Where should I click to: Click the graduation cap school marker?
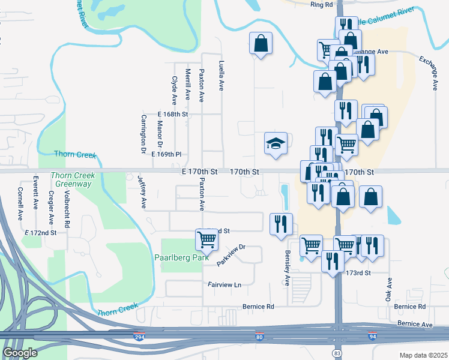[276, 144]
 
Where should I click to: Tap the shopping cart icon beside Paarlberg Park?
[206, 239]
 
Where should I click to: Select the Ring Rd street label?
[322, 5]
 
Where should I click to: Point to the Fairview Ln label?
[224, 285]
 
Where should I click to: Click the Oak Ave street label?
[390, 289]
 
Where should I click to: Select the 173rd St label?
[361, 272]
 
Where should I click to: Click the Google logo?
[20, 353]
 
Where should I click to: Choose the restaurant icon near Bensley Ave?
[282, 224]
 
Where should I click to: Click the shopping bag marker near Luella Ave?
[261, 43]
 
